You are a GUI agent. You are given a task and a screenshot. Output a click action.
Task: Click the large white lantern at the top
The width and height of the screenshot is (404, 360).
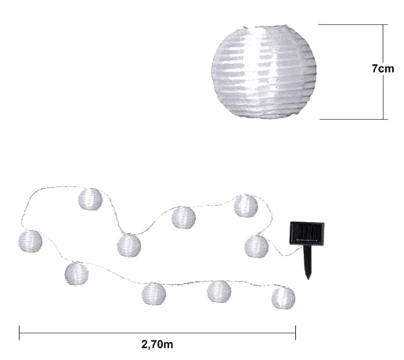tap(264, 72)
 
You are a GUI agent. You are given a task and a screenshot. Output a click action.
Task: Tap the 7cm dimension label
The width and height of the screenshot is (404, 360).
tap(383, 69)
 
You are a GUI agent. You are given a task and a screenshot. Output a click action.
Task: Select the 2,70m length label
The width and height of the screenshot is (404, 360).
tap(157, 344)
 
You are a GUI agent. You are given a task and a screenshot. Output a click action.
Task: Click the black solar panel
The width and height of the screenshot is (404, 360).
tap(307, 233)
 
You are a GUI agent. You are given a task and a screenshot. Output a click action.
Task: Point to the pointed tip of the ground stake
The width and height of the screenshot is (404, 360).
tap(308, 279)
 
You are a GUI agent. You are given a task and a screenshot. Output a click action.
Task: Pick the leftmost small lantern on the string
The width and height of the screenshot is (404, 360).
tap(30, 241)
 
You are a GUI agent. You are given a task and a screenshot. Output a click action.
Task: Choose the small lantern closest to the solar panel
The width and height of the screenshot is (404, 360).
tap(256, 247)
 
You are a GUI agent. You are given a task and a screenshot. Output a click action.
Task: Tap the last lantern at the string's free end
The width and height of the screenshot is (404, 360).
tap(283, 298)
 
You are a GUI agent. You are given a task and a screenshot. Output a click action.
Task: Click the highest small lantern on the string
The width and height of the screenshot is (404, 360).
tap(90, 200)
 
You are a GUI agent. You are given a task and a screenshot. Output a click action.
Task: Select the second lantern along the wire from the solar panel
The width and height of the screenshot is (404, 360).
tap(246, 206)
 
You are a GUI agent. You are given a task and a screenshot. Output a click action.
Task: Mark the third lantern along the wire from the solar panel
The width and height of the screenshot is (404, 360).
tap(183, 218)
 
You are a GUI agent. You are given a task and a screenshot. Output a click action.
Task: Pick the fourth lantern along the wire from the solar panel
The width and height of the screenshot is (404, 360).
tap(129, 246)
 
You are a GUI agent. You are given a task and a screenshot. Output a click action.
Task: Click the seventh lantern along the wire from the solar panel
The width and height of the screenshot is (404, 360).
tap(77, 274)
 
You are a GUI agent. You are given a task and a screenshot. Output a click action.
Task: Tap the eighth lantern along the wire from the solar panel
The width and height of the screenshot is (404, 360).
tap(153, 293)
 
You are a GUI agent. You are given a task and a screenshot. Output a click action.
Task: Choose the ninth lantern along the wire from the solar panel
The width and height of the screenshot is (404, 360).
tap(219, 291)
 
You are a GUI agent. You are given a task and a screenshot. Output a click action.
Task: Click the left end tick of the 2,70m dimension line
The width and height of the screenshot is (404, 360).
tap(20, 333)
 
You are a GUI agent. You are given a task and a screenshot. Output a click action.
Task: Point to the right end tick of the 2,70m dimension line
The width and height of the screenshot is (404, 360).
tap(295, 333)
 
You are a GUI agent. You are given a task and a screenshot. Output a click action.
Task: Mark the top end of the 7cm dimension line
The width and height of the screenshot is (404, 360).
tap(384, 24)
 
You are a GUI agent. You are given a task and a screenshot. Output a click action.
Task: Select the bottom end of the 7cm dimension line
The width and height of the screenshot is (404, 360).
tap(384, 119)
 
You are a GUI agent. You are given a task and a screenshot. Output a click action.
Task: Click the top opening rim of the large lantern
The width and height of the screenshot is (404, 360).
tap(265, 27)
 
